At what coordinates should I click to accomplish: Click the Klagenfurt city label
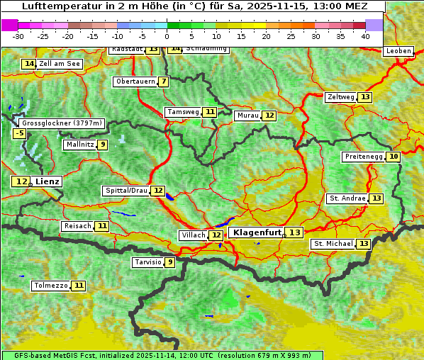tap(257, 232)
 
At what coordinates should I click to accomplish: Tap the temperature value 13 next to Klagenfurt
tap(294, 232)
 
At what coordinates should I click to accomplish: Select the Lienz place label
tap(48, 181)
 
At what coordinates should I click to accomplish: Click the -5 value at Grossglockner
tap(20, 133)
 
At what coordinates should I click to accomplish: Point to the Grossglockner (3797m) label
tap(62, 123)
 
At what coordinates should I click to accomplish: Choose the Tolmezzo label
tap(51, 286)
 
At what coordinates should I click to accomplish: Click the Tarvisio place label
tap(148, 262)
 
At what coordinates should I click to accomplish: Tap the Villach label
tap(194, 235)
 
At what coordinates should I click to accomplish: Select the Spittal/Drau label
tap(126, 191)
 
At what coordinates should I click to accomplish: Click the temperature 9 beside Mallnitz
tap(103, 145)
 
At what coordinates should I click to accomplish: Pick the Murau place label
tap(248, 116)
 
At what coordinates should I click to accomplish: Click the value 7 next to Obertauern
tap(164, 81)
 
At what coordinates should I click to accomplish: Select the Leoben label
tap(399, 51)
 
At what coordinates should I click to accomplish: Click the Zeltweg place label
tap(341, 97)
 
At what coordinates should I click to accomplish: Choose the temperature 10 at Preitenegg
tap(393, 157)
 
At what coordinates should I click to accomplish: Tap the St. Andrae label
tap(347, 198)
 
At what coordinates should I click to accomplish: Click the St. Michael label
tap(334, 244)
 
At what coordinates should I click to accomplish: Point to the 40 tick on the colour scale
tap(365, 36)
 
